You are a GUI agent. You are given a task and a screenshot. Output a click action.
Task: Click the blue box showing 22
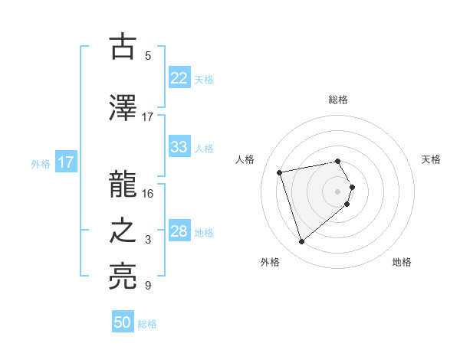pyautogui.click(x=179, y=79)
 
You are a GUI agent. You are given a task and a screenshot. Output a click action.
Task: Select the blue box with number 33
pyautogui.click(x=179, y=147)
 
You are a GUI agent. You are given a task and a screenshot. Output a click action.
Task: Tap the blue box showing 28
pyautogui.click(x=179, y=231)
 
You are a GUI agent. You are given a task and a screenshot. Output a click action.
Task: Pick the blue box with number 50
pyautogui.click(x=123, y=322)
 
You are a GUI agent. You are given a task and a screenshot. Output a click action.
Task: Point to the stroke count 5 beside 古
pyautogui.click(x=148, y=56)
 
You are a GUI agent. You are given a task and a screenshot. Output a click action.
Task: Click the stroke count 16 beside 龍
pyautogui.click(x=148, y=194)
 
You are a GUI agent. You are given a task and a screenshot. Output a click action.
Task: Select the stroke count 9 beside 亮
pyautogui.click(x=148, y=286)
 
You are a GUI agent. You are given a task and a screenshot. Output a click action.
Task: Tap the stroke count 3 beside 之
pyautogui.click(x=148, y=241)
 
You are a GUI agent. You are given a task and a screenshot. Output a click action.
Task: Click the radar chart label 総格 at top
pyautogui.click(x=337, y=100)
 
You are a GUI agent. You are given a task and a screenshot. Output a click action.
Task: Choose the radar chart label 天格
pyautogui.click(x=431, y=159)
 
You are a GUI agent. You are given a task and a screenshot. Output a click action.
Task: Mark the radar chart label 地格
pyautogui.click(x=402, y=263)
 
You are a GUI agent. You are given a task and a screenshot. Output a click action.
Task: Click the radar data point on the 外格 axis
pyautogui.click(x=302, y=242)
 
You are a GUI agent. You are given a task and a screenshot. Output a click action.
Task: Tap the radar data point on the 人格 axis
pyautogui.click(x=280, y=172)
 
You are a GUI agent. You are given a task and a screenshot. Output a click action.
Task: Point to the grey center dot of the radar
pyautogui.click(x=337, y=191)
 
